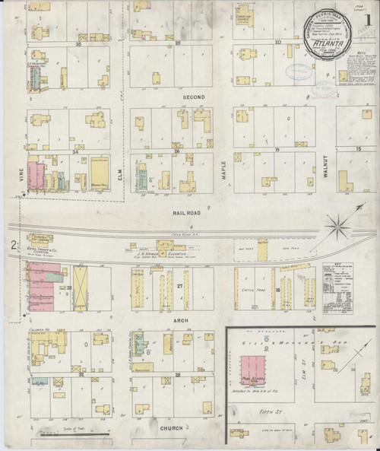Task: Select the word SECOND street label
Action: click(x=192, y=97)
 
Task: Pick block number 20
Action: click(x=278, y=42)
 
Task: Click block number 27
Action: click(x=180, y=286)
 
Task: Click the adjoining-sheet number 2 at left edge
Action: click(x=13, y=245)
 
